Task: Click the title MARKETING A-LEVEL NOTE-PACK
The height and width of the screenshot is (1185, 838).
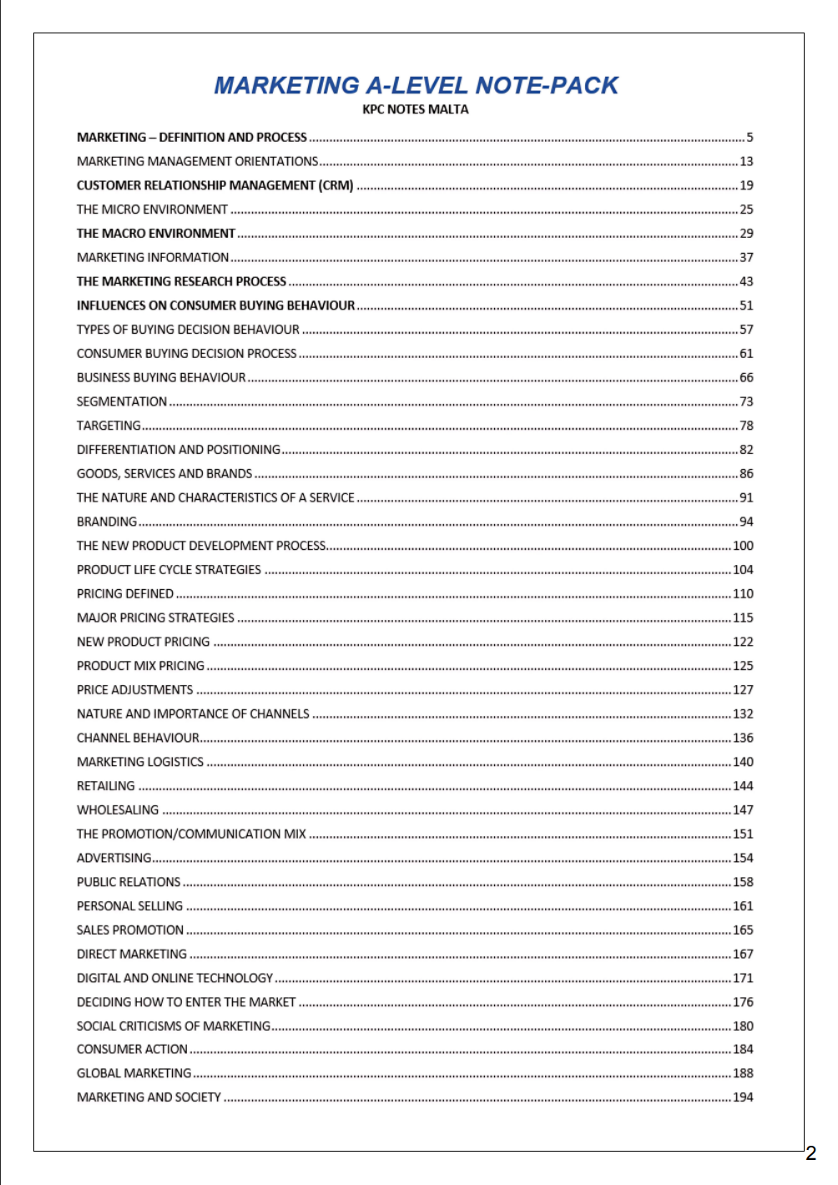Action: tap(416, 85)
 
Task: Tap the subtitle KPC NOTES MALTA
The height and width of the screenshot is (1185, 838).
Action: tap(416, 109)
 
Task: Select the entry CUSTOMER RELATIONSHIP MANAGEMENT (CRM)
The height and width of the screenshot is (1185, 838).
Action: tap(215, 185)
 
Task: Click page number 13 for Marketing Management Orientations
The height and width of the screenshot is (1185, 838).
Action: tap(746, 161)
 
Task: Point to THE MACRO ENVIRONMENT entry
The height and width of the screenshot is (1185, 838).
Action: tap(156, 234)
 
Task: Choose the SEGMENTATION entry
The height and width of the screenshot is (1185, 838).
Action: tap(122, 401)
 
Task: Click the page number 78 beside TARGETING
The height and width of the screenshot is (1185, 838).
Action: tap(746, 426)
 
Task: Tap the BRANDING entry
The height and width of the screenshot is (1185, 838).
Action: tap(107, 522)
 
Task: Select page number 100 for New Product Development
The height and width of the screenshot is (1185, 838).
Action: tap(743, 546)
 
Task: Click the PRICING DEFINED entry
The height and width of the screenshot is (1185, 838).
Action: tap(125, 594)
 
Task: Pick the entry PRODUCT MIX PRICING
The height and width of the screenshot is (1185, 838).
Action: tap(140, 666)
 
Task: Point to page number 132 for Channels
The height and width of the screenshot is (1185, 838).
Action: tap(743, 714)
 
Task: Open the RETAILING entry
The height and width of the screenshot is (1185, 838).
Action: tap(106, 786)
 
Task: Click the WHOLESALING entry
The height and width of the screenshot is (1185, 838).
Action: tap(118, 810)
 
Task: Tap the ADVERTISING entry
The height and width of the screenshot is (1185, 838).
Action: tap(114, 858)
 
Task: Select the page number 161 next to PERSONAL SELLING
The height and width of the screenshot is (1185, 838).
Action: tap(743, 906)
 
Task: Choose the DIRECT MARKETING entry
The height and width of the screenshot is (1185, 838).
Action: tap(132, 954)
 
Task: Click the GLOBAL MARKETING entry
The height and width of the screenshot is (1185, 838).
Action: tap(134, 1073)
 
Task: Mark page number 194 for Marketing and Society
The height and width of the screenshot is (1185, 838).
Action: tap(743, 1097)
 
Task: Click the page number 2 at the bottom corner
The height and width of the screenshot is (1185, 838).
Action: tap(810, 1154)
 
